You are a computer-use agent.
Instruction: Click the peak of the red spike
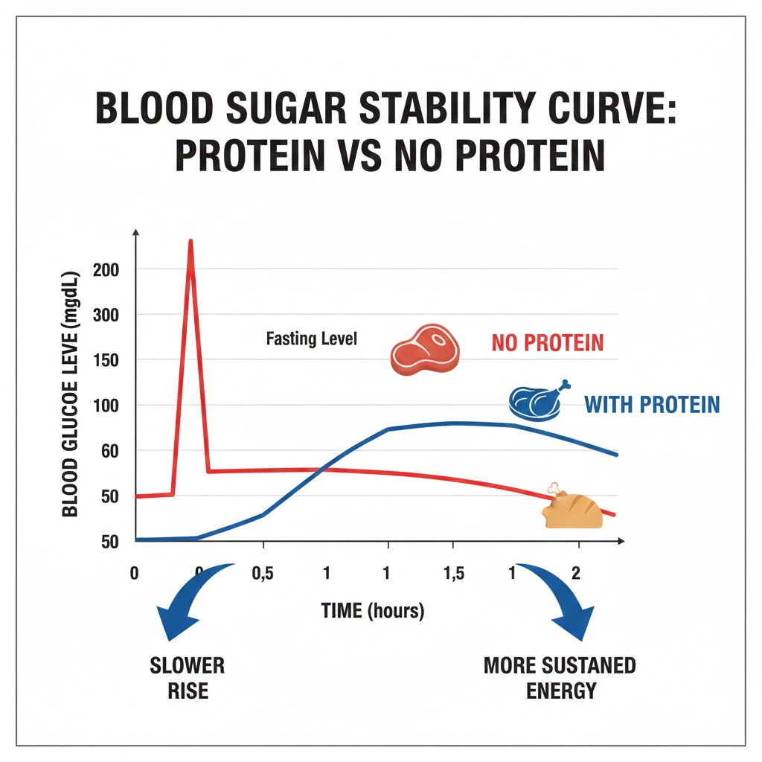click(x=191, y=243)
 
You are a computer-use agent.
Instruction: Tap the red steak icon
click(x=425, y=348)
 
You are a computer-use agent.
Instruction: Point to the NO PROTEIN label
click(x=548, y=344)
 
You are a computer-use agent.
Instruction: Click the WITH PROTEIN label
click(x=652, y=405)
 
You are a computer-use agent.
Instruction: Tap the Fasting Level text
click(x=312, y=339)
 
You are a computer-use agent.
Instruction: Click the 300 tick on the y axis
click(x=106, y=315)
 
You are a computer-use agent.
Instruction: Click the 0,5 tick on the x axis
click(x=263, y=574)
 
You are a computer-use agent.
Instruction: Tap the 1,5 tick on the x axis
click(x=452, y=574)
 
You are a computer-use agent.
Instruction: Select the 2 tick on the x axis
click(x=574, y=574)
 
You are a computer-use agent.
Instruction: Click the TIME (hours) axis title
click(x=373, y=611)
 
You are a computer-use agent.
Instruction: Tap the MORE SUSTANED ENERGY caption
click(x=560, y=677)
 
